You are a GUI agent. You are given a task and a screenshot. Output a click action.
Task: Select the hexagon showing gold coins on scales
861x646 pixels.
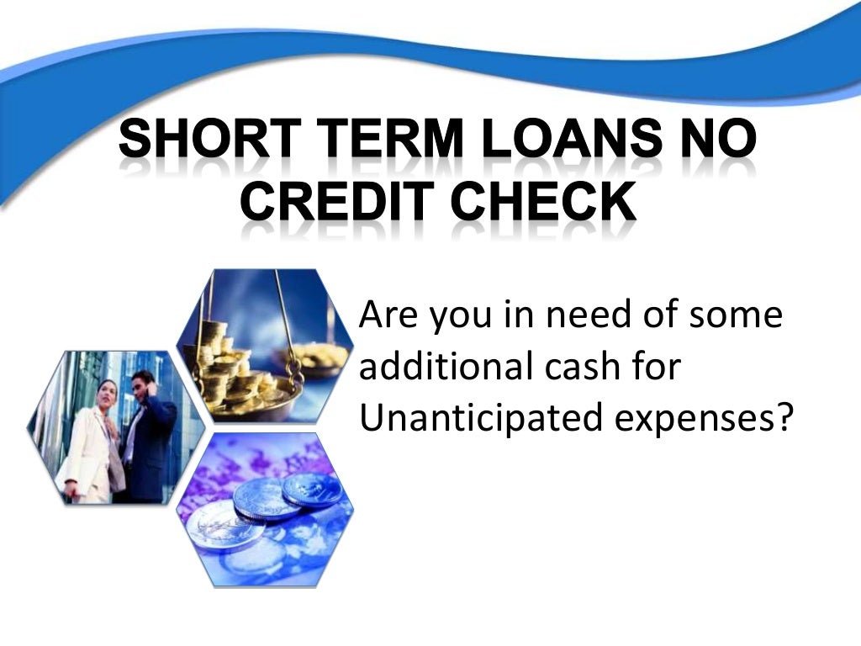tap(266, 345)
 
